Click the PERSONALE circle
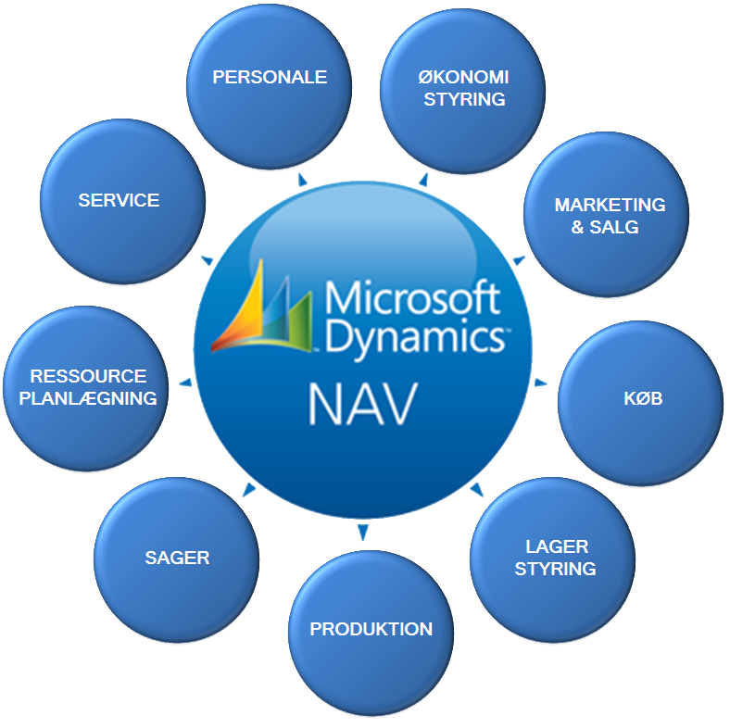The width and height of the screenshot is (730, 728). [269, 87]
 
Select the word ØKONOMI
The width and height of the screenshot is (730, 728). [463, 77]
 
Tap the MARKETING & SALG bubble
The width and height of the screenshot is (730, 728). [606, 215]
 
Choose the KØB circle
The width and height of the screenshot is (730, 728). [641, 403]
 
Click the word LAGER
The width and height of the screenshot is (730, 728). [557, 547]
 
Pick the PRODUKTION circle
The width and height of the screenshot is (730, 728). [371, 633]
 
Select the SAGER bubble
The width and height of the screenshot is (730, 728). [177, 560]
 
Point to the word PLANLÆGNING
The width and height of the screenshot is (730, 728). [88, 398]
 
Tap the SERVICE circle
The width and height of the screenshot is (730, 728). [123, 202]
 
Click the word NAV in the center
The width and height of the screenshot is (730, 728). [363, 404]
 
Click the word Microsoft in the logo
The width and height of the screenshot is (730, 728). [413, 297]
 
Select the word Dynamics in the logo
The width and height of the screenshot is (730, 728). [415, 337]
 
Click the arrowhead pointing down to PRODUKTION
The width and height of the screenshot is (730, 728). [362, 532]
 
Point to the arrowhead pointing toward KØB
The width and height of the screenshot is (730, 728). [540, 383]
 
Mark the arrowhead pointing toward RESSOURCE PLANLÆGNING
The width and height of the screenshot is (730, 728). [186, 383]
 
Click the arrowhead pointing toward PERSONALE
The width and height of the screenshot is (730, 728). [302, 180]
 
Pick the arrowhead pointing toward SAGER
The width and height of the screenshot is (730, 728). [250, 489]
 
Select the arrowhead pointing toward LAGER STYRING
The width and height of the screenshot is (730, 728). [476, 489]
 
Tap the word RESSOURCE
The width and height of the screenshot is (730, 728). [88, 377]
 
